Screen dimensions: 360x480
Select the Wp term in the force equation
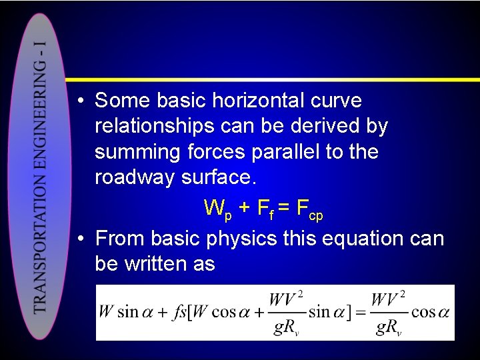(218, 210)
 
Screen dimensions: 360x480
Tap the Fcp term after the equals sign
(309, 210)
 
